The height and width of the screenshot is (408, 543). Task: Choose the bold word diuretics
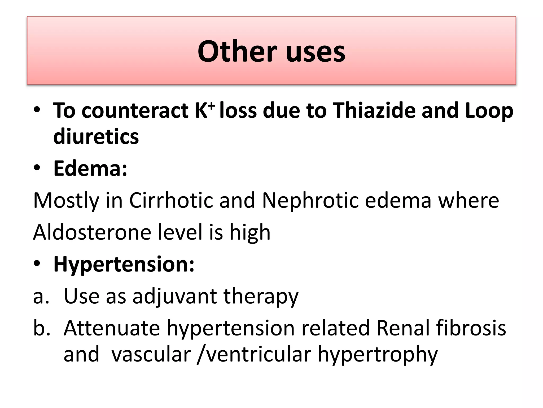pos(96,137)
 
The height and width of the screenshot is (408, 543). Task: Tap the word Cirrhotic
pos(171,200)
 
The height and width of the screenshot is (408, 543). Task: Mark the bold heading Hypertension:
pos(124,265)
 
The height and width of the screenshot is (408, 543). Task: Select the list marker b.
pos(41,328)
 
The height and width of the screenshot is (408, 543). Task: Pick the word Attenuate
pos(112,328)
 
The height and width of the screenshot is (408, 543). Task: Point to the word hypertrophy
pos(378,355)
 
